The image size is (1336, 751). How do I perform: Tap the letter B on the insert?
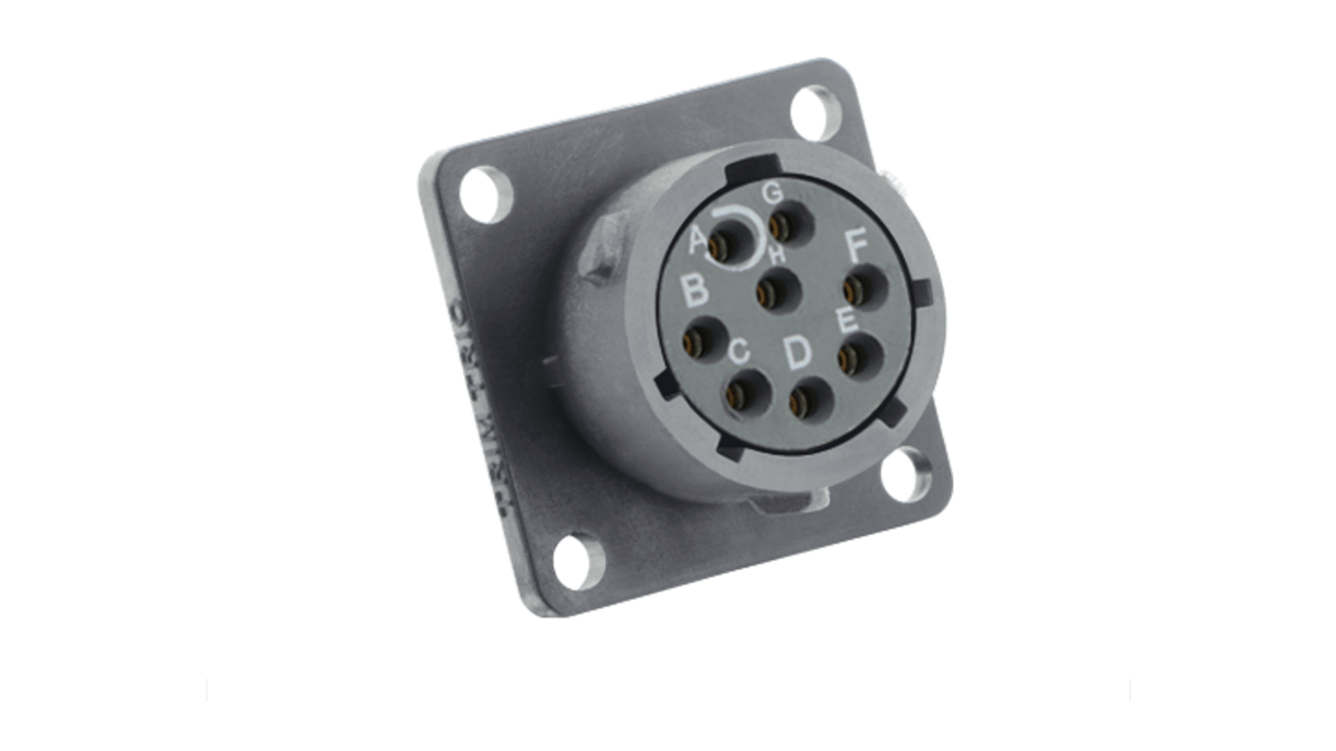[695, 291]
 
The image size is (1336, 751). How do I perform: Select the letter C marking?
[740, 351]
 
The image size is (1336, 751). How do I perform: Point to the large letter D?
[797, 353]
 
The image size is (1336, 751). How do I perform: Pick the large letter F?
[856, 247]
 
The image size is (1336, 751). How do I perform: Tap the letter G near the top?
[772, 193]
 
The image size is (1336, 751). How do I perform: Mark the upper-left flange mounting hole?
[485, 195]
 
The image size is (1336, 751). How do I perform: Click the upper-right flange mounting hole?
[813, 114]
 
